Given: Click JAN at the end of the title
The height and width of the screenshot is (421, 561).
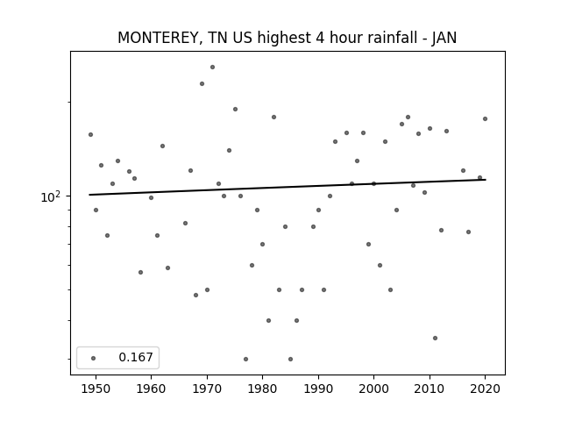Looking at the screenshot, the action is [x=444, y=38].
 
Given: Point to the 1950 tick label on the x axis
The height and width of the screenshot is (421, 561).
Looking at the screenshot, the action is [x=96, y=389].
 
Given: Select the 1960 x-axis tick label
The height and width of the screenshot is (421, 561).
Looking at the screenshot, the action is [x=151, y=389].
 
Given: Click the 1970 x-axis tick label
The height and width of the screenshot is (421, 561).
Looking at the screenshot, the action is [x=207, y=389].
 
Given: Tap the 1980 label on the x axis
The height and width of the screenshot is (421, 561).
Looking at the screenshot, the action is [x=262, y=389].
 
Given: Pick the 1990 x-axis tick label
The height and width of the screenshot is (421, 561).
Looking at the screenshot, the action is [x=318, y=389].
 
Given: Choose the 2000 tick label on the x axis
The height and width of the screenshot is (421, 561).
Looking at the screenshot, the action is [x=374, y=389].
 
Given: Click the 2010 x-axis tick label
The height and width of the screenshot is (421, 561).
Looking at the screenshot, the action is [x=430, y=389].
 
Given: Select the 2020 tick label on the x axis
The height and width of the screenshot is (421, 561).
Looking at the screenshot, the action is [x=485, y=389].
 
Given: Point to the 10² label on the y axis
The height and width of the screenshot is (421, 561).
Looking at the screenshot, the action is [x=50, y=196].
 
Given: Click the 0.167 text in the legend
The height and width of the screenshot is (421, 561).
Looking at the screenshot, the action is [x=136, y=357].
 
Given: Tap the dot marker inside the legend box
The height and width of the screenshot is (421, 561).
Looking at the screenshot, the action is [x=94, y=358].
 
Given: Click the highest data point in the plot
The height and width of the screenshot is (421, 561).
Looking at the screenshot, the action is [x=212, y=67].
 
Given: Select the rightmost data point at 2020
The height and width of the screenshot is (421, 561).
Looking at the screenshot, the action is [x=485, y=119].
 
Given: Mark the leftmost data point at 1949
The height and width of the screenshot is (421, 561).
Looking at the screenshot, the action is [x=90, y=134].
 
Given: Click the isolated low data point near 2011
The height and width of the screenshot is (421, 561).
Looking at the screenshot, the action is [x=435, y=338].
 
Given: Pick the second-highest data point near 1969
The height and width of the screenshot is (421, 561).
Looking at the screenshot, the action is [x=202, y=84].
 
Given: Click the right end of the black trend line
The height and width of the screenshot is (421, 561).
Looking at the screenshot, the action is [x=486, y=179].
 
